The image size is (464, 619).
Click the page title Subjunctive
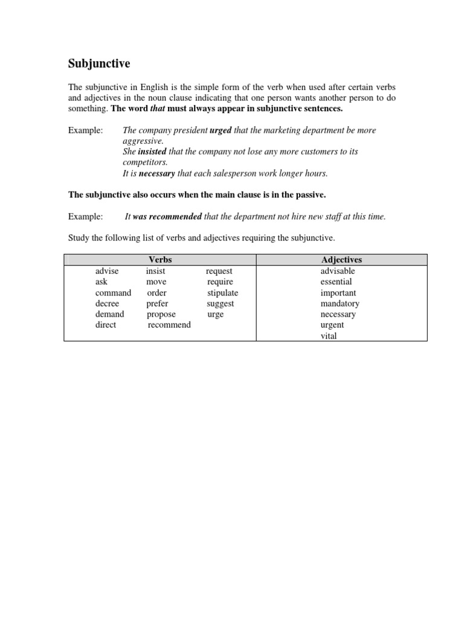point(99,63)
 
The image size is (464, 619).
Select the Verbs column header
point(160,260)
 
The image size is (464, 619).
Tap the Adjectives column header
point(341,260)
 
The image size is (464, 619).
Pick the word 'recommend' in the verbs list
point(169,325)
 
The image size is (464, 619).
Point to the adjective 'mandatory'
point(340,303)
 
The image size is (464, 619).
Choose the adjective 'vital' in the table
point(329,336)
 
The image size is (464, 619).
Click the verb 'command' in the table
point(113,293)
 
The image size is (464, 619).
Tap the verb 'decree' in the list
point(107,303)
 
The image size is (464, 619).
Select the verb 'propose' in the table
point(161,314)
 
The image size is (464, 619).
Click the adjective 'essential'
point(336,282)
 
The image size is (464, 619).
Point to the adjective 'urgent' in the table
point(332,325)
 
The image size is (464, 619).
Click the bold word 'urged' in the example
point(221,131)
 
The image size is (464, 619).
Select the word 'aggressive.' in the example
point(143,141)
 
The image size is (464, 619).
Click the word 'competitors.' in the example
point(145,163)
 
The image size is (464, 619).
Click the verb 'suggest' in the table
point(220,303)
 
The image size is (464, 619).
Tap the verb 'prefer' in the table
point(157,303)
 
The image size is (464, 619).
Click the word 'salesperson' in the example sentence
point(240,173)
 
